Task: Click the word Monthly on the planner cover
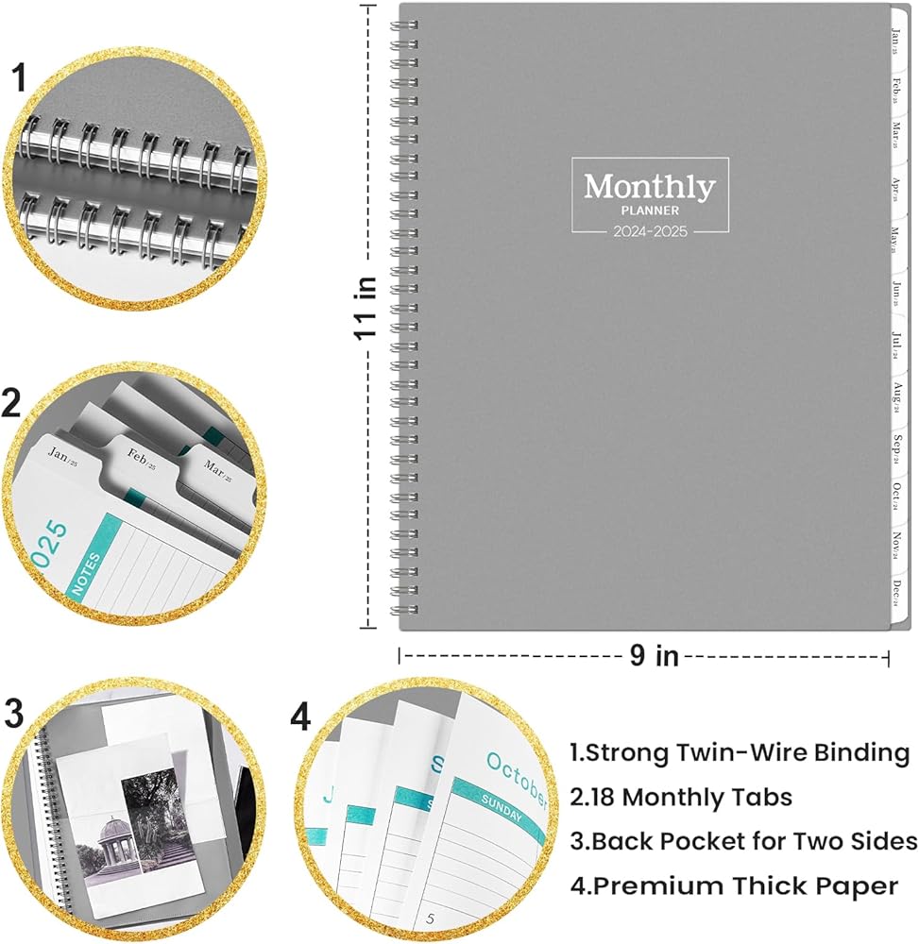650,186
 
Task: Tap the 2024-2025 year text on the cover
650,229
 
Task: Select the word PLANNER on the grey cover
650,211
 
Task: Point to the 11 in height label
368,307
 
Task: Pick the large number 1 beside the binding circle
19,80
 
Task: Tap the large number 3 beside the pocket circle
14,715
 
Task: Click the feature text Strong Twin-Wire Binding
740,752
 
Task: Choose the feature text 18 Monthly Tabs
681,798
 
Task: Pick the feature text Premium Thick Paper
734,886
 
